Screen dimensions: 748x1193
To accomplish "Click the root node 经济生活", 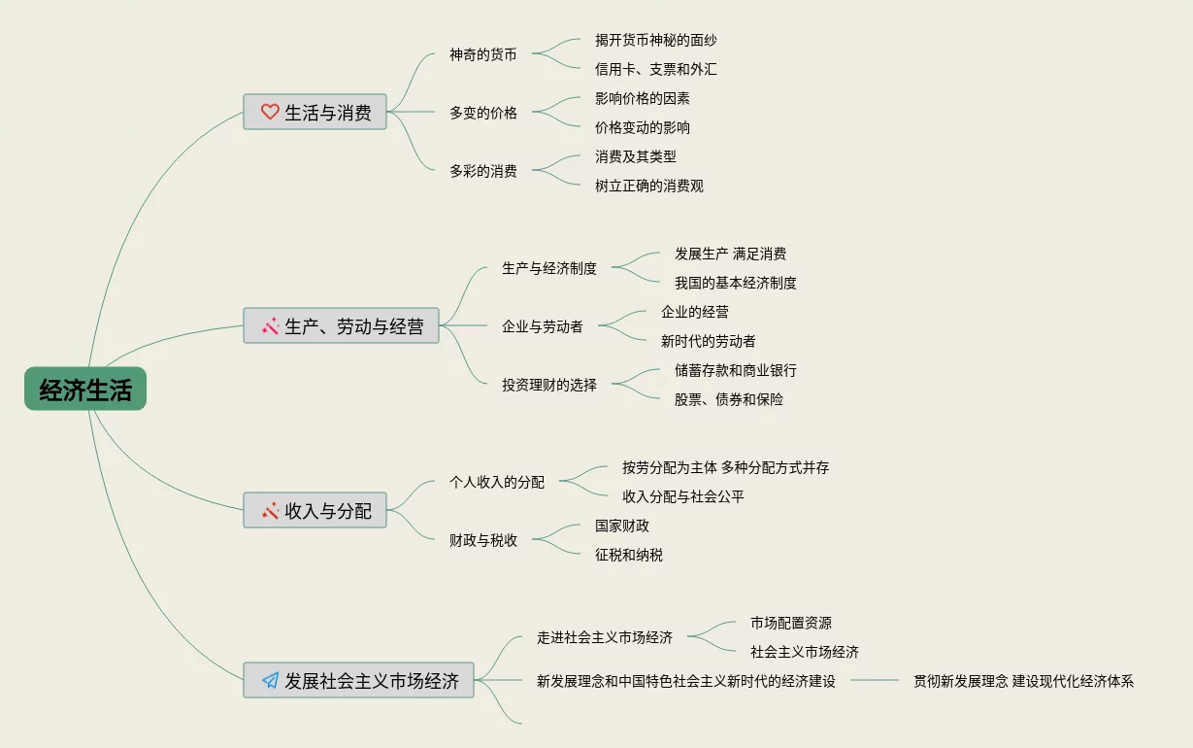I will (x=85, y=390).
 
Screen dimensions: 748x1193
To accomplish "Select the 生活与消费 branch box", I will (x=315, y=113).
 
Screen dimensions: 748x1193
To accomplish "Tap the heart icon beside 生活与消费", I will (x=270, y=113).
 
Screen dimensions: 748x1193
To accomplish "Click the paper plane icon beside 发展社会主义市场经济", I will (x=270, y=681).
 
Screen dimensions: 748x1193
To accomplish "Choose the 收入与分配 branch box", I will (x=315, y=510).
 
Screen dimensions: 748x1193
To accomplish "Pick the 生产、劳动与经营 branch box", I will (x=341, y=326).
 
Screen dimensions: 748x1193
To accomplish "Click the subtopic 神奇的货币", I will (x=483, y=55).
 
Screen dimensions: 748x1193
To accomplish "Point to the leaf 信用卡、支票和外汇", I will (x=656, y=70).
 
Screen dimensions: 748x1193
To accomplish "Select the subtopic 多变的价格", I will (x=483, y=114).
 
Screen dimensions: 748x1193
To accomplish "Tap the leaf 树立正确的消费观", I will (x=649, y=187).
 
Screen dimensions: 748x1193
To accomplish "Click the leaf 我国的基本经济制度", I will (x=736, y=284).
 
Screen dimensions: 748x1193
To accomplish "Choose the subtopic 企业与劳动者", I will (x=543, y=327).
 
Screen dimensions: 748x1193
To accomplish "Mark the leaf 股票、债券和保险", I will (x=729, y=399).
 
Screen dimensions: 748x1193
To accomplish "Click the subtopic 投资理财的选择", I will (x=549, y=386).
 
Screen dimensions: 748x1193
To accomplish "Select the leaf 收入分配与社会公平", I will (x=683, y=497).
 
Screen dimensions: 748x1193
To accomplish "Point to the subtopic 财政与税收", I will (x=483, y=541).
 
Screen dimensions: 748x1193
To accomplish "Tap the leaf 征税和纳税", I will (x=629, y=556).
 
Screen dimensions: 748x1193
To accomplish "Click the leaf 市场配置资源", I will (x=791, y=624).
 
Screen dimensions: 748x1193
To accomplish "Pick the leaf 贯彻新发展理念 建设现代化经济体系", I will (x=1023, y=682).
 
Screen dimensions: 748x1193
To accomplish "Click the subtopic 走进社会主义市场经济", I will (x=605, y=638).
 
